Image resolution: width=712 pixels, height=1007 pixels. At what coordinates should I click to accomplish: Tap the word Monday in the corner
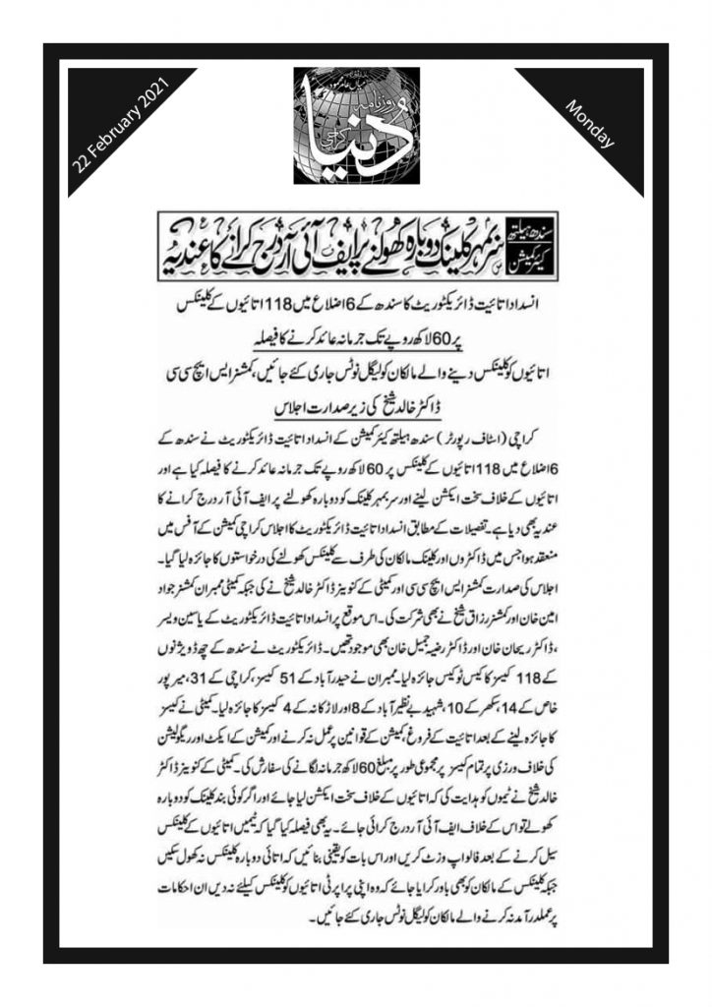tap(591, 124)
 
